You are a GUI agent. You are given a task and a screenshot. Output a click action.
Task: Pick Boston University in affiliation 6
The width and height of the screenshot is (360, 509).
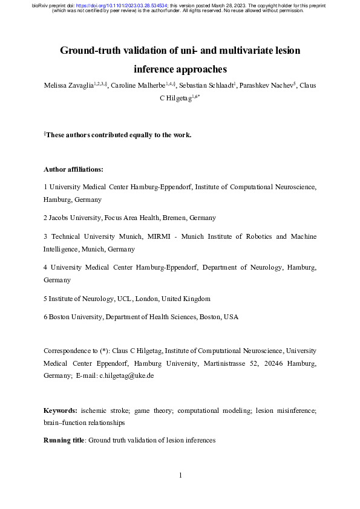(77, 317)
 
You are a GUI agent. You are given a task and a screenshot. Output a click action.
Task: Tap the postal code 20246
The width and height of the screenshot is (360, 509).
(257, 363)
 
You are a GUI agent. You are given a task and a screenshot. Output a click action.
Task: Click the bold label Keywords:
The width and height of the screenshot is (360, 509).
(61, 410)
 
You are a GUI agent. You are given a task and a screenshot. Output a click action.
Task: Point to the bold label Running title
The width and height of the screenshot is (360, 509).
(64, 440)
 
